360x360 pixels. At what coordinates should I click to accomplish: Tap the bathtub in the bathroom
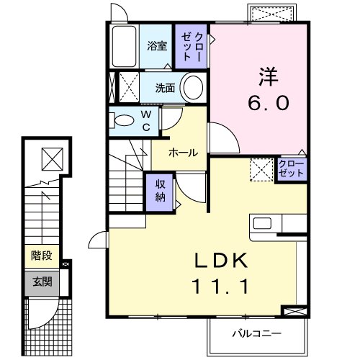point(125,46)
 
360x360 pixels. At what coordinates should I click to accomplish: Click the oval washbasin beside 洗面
point(193,89)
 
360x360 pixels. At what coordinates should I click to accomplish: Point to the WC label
point(145,120)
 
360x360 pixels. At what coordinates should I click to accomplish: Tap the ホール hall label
point(180,153)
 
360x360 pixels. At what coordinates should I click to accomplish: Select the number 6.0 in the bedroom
point(270,103)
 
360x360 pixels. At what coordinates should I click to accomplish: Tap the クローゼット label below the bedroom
point(290,169)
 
